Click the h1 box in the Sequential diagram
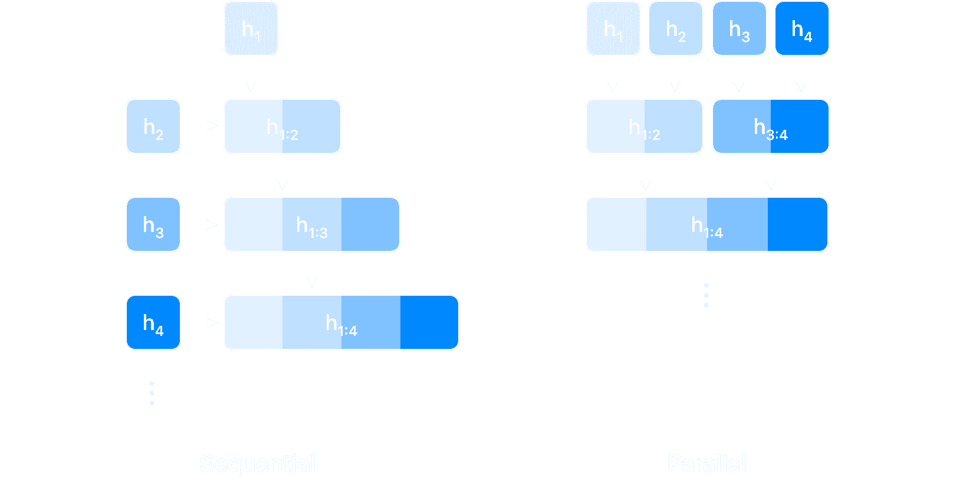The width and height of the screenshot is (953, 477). [x=251, y=28]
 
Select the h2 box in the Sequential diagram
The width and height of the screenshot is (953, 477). [x=153, y=126]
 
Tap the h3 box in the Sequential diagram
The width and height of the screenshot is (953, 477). [x=153, y=224]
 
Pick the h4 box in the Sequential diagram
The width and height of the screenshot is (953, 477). [x=153, y=322]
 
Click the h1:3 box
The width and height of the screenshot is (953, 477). [x=311, y=224]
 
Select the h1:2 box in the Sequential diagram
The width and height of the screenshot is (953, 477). [x=282, y=126]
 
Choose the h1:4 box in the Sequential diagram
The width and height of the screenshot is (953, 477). [x=341, y=322]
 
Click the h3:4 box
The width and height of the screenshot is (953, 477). [x=770, y=126]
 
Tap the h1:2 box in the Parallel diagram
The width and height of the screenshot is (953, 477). [x=644, y=126]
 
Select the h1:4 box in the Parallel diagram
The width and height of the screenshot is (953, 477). [x=706, y=224]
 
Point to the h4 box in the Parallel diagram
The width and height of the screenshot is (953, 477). [x=801, y=28]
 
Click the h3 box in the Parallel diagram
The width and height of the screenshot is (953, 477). [x=739, y=28]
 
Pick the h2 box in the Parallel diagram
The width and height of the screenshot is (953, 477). [x=675, y=28]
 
